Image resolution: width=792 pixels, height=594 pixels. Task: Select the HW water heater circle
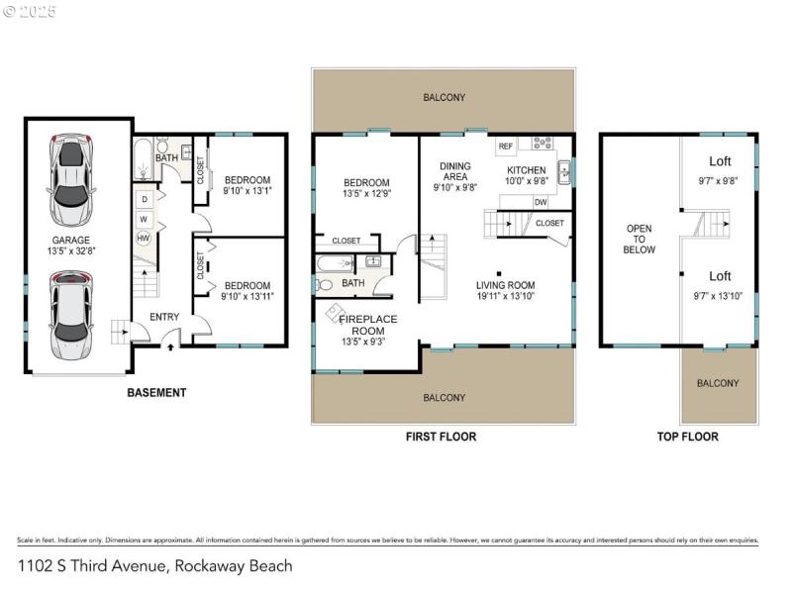144,238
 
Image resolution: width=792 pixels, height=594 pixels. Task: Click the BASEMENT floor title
156,393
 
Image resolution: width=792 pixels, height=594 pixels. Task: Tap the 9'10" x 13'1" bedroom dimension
247,191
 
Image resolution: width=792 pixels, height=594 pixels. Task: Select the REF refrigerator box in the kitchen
506,146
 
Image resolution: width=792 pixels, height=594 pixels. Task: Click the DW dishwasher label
541,202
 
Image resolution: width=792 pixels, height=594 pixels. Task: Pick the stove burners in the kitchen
542,144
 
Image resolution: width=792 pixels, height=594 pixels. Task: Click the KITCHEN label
527,170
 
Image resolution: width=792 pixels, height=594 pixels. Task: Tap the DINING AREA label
455,171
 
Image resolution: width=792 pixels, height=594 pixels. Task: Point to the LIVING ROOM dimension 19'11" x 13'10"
505,296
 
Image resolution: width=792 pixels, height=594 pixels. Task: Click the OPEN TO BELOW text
640,240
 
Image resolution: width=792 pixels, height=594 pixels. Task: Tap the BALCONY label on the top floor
718,383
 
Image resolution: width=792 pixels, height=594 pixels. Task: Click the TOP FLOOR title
688,437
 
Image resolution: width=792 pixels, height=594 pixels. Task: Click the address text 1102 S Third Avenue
155,566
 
